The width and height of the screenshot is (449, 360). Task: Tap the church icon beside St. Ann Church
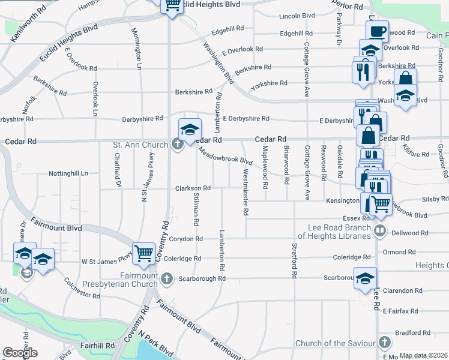(x=177, y=144)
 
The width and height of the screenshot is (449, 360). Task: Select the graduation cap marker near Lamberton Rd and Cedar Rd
(x=189, y=130)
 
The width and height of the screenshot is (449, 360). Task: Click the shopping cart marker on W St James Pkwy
(x=143, y=254)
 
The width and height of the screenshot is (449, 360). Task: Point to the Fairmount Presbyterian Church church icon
(x=166, y=278)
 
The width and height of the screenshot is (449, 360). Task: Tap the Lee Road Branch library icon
(x=379, y=231)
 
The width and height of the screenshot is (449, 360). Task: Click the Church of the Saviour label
(x=334, y=344)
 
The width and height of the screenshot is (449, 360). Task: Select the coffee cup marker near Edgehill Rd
(x=377, y=31)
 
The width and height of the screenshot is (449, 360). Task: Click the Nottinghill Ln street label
(x=68, y=173)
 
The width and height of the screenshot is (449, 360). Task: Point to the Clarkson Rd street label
(x=192, y=188)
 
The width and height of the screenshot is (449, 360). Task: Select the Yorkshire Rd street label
(x=269, y=84)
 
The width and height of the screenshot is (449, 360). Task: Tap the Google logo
(x=20, y=353)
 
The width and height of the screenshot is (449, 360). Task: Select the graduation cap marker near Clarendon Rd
(x=365, y=278)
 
